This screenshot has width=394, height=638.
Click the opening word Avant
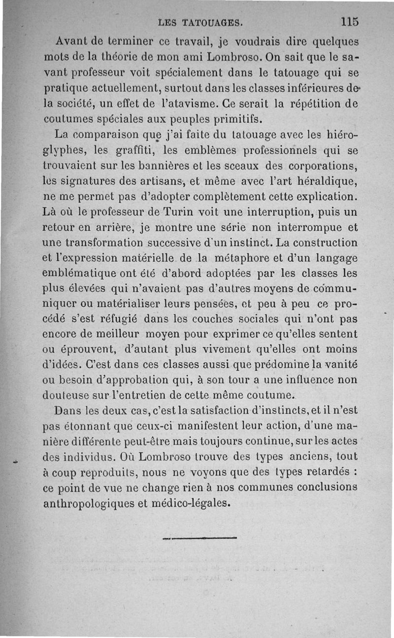click(x=73, y=40)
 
